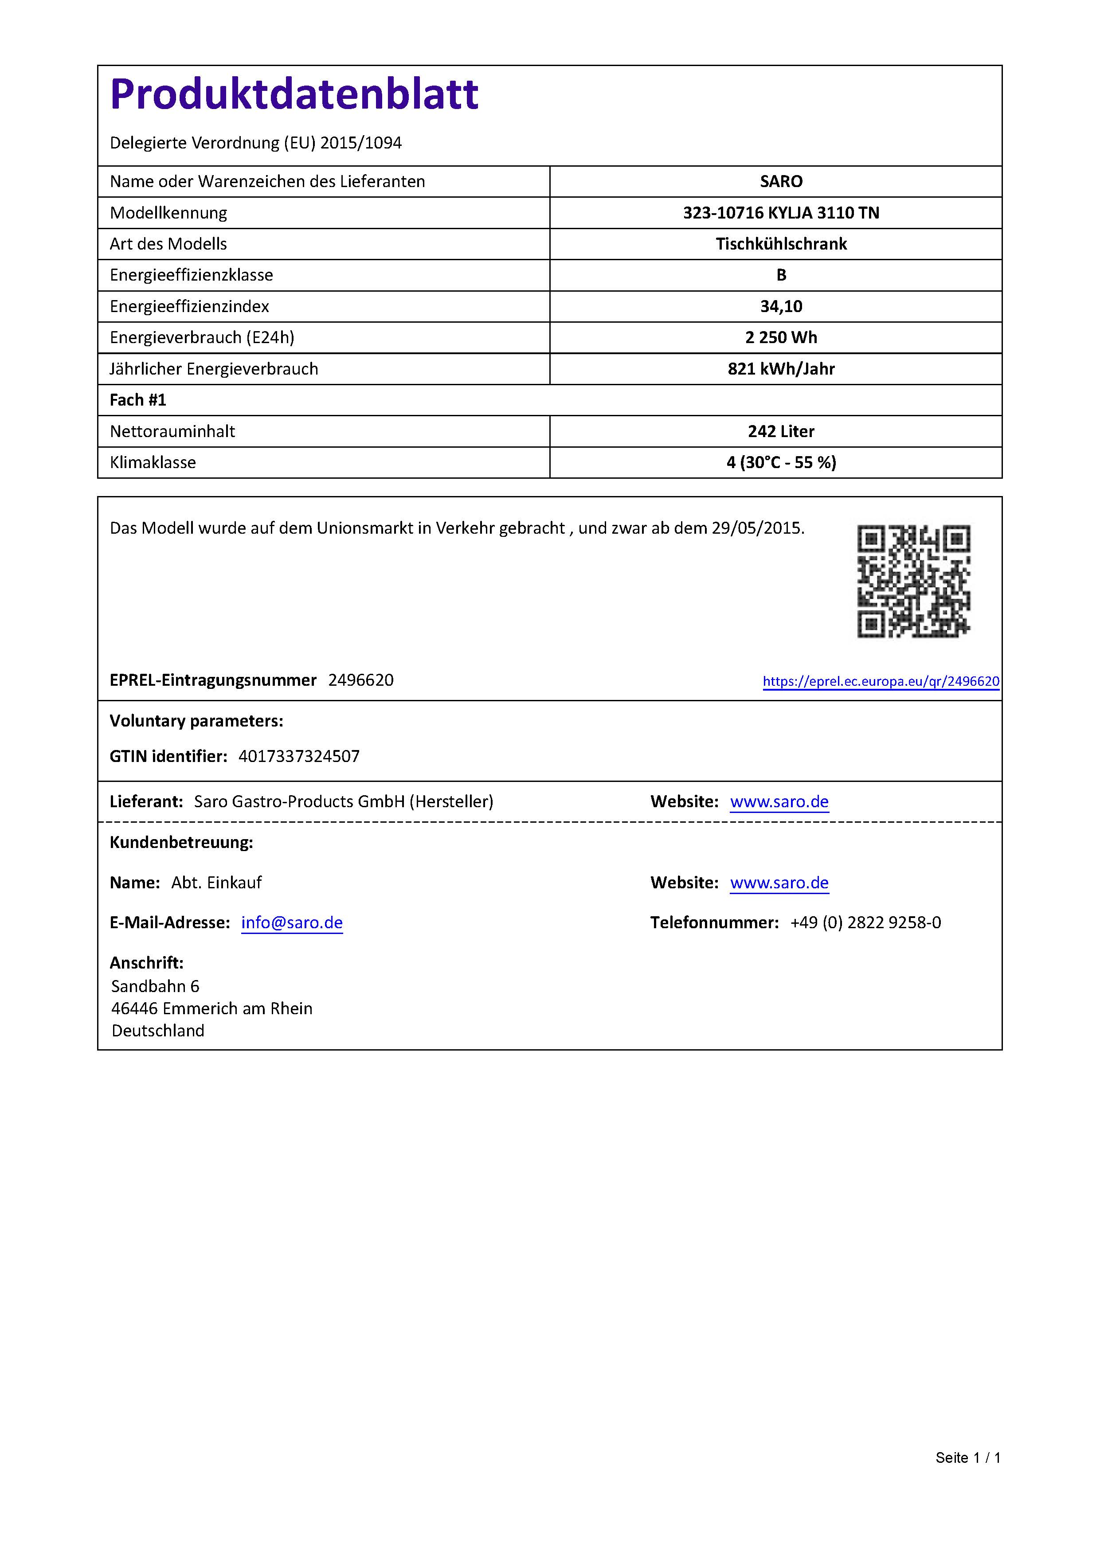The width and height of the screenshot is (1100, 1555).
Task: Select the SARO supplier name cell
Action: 781,181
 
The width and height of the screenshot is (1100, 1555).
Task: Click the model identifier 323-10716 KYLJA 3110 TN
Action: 781,213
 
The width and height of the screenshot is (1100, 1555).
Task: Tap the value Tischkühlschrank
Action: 781,244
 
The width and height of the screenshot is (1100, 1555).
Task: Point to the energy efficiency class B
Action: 781,275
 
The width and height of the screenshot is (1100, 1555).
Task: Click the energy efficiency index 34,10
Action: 781,306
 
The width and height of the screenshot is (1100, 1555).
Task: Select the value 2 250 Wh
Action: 781,337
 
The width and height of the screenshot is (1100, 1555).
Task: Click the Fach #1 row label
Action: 138,400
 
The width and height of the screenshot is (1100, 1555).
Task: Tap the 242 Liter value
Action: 781,431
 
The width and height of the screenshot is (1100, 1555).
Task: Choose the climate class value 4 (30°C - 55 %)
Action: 781,463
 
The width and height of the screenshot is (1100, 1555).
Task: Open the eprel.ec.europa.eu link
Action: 881,681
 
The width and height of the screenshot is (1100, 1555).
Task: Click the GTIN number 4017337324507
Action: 299,757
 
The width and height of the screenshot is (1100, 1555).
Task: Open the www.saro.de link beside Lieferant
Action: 779,802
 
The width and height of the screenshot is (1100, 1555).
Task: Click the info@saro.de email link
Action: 292,923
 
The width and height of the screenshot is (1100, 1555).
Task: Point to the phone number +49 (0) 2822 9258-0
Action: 865,923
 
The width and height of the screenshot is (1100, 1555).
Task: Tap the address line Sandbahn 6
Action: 155,986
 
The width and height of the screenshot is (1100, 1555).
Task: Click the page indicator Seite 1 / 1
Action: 968,1457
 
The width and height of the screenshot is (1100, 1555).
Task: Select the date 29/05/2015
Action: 756,528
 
